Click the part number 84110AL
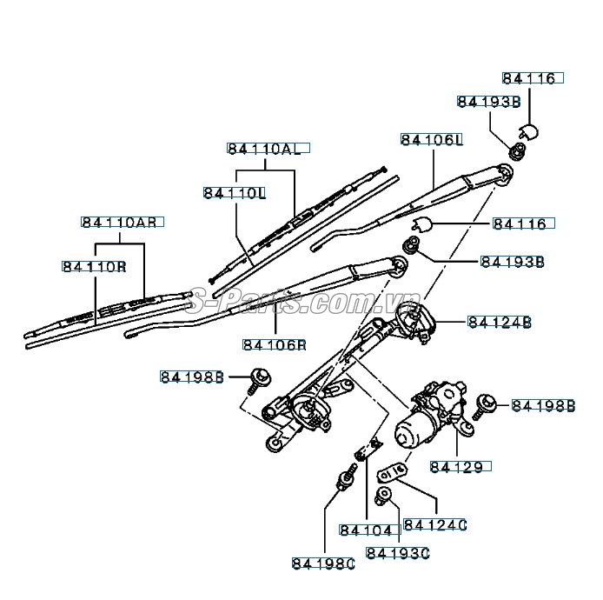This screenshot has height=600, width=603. [264, 149]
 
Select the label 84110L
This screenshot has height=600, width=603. [235, 192]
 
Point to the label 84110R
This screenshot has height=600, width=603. [94, 265]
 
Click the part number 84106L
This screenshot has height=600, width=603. [432, 140]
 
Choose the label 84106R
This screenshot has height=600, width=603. [275, 345]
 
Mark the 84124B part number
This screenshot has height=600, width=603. [500, 323]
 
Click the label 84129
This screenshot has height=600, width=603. [461, 466]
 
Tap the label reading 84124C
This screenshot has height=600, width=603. [436, 525]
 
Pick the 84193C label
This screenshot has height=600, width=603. [399, 552]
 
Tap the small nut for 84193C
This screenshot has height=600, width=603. [383, 496]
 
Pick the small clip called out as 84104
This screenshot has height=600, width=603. [361, 453]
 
